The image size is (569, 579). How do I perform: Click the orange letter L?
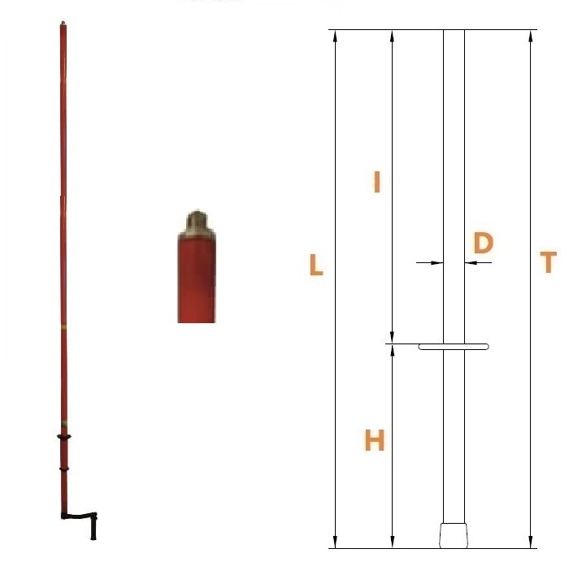pyautogui.click(x=316, y=265)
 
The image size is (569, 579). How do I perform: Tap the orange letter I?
pyautogui.click(x=376, y=182)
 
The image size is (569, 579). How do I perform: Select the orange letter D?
pyautogui.click(x=483, y=243)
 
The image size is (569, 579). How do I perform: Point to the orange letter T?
pyautogui.click(x=549, y=261)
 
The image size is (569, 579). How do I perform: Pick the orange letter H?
pyautogui.click(x=375, y=440)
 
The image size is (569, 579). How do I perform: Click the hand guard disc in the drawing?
pyautogui.click(x=454, y=347)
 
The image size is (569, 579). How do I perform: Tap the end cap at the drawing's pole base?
pyautogui.click(x=454, y=535)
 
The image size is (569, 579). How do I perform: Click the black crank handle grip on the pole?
pyautogui.click(x=93, y=527)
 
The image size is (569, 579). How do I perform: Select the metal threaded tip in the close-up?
pyautogui.click(x=197, y=223)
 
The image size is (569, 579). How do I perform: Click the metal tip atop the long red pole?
pyautogui.click(x=63, y=24)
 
